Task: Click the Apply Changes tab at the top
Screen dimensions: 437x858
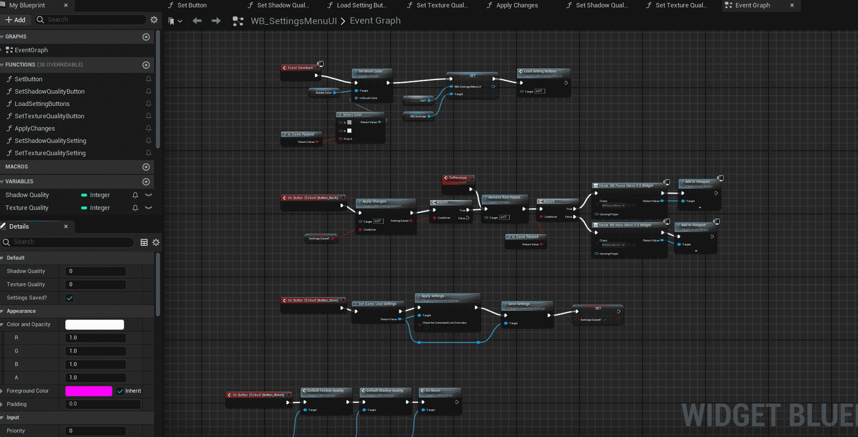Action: point(517,5)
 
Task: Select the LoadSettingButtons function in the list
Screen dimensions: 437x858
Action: point(42,104)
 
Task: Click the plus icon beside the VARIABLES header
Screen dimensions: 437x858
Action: point(146,182)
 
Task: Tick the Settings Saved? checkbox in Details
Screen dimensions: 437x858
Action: point(69,298)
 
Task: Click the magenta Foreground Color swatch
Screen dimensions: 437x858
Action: point(89,391)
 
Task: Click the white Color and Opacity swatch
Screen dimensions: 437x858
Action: point(94,325)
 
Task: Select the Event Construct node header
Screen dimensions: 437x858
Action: point(300,68)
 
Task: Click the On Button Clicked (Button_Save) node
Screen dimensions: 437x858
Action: point(312,300)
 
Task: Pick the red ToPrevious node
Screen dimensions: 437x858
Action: point(458,178)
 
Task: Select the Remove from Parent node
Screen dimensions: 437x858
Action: point(504,198)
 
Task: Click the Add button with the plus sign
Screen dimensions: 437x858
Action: point(16,20)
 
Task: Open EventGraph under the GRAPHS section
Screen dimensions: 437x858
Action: point(31,50)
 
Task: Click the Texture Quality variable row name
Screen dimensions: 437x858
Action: point(27,208)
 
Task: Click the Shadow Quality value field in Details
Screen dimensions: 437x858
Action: point(96,271)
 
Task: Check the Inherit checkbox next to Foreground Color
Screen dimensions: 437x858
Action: point(120,391)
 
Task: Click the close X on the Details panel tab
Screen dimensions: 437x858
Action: point(66,227)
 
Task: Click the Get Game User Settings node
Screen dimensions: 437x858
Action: point(377,304)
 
